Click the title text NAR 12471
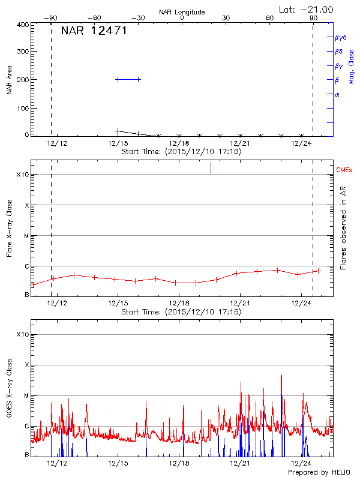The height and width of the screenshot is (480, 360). click(94, 31)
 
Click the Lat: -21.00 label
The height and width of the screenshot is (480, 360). click(307, 9)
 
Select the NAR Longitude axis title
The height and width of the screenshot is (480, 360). click(182, 12)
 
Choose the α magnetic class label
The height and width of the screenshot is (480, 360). click(337, 94)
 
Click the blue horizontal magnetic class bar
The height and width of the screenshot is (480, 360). click(128, 79)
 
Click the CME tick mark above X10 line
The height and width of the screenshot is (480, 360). click(211, 169)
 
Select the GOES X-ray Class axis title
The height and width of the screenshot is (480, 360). click(10, 391)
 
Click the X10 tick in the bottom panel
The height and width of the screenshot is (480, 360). click(22, 334)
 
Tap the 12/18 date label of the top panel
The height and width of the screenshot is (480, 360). click(179, 143)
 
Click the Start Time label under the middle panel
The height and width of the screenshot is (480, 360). click(181, 312)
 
